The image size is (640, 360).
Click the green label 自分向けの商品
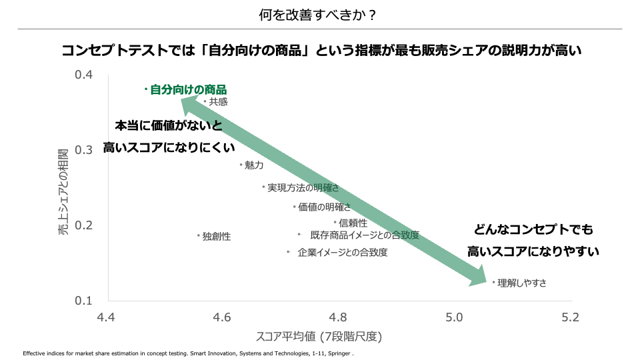[x=188, y=89]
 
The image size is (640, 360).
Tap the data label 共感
[x=218, y=102]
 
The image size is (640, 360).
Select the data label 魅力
[x=254, y=165]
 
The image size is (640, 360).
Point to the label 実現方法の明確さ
[x=303, y=188]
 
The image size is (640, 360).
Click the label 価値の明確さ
[x=324, y=207]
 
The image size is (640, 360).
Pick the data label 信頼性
[x=353, y=223]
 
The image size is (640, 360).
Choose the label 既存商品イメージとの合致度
[x=365, y=235]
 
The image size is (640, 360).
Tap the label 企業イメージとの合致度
[x=343, y=253]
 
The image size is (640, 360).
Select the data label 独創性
[x=217, y=237]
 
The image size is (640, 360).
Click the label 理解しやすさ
[x=522, y=283]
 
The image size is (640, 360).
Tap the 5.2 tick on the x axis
[x=570, y=317]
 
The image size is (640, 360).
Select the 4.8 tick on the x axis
[x=338, y=317]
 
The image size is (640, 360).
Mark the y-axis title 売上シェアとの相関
[x=63, y=187]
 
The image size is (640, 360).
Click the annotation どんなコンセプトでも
[x=533, y=230]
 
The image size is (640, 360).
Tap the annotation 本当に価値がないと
[x=168, y=126]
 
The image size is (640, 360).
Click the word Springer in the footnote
[x=339, y=353]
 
